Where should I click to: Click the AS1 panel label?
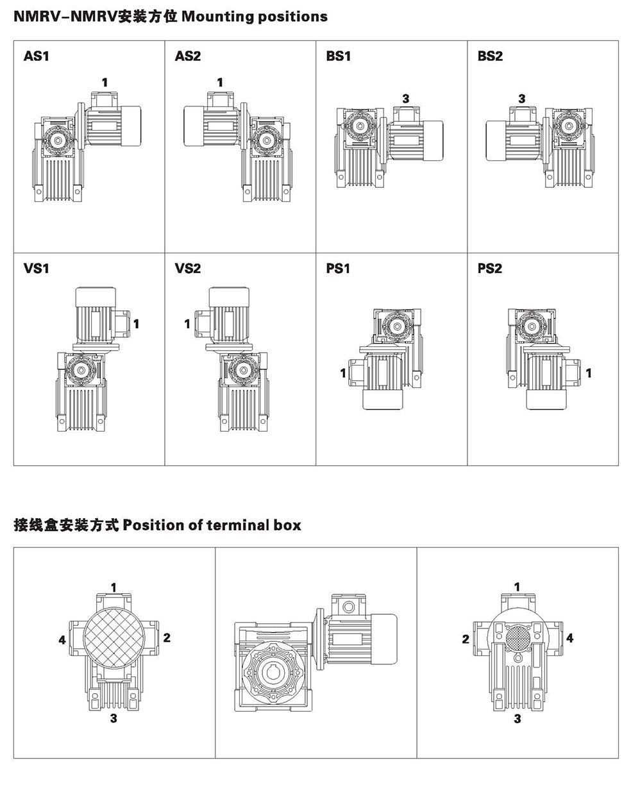point(36,56)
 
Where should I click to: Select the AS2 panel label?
point(188,56)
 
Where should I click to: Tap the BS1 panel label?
point(339,56)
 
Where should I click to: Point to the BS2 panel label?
point(490,56)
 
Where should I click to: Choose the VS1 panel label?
point(36,269)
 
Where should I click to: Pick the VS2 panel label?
point(188,269)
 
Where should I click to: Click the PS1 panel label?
point(338,269)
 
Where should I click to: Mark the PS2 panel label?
point(490,269)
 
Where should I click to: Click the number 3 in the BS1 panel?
point(406,99)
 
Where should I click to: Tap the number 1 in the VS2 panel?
point(187,324)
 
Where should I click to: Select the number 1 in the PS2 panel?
point(588,373)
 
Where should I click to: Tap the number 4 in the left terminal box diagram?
point(62,640)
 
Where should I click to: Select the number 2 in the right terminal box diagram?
point(466,639)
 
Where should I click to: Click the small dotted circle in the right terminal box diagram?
point(518,638)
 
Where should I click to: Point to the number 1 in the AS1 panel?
point(105,82)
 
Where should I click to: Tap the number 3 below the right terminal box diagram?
point(517,719)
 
